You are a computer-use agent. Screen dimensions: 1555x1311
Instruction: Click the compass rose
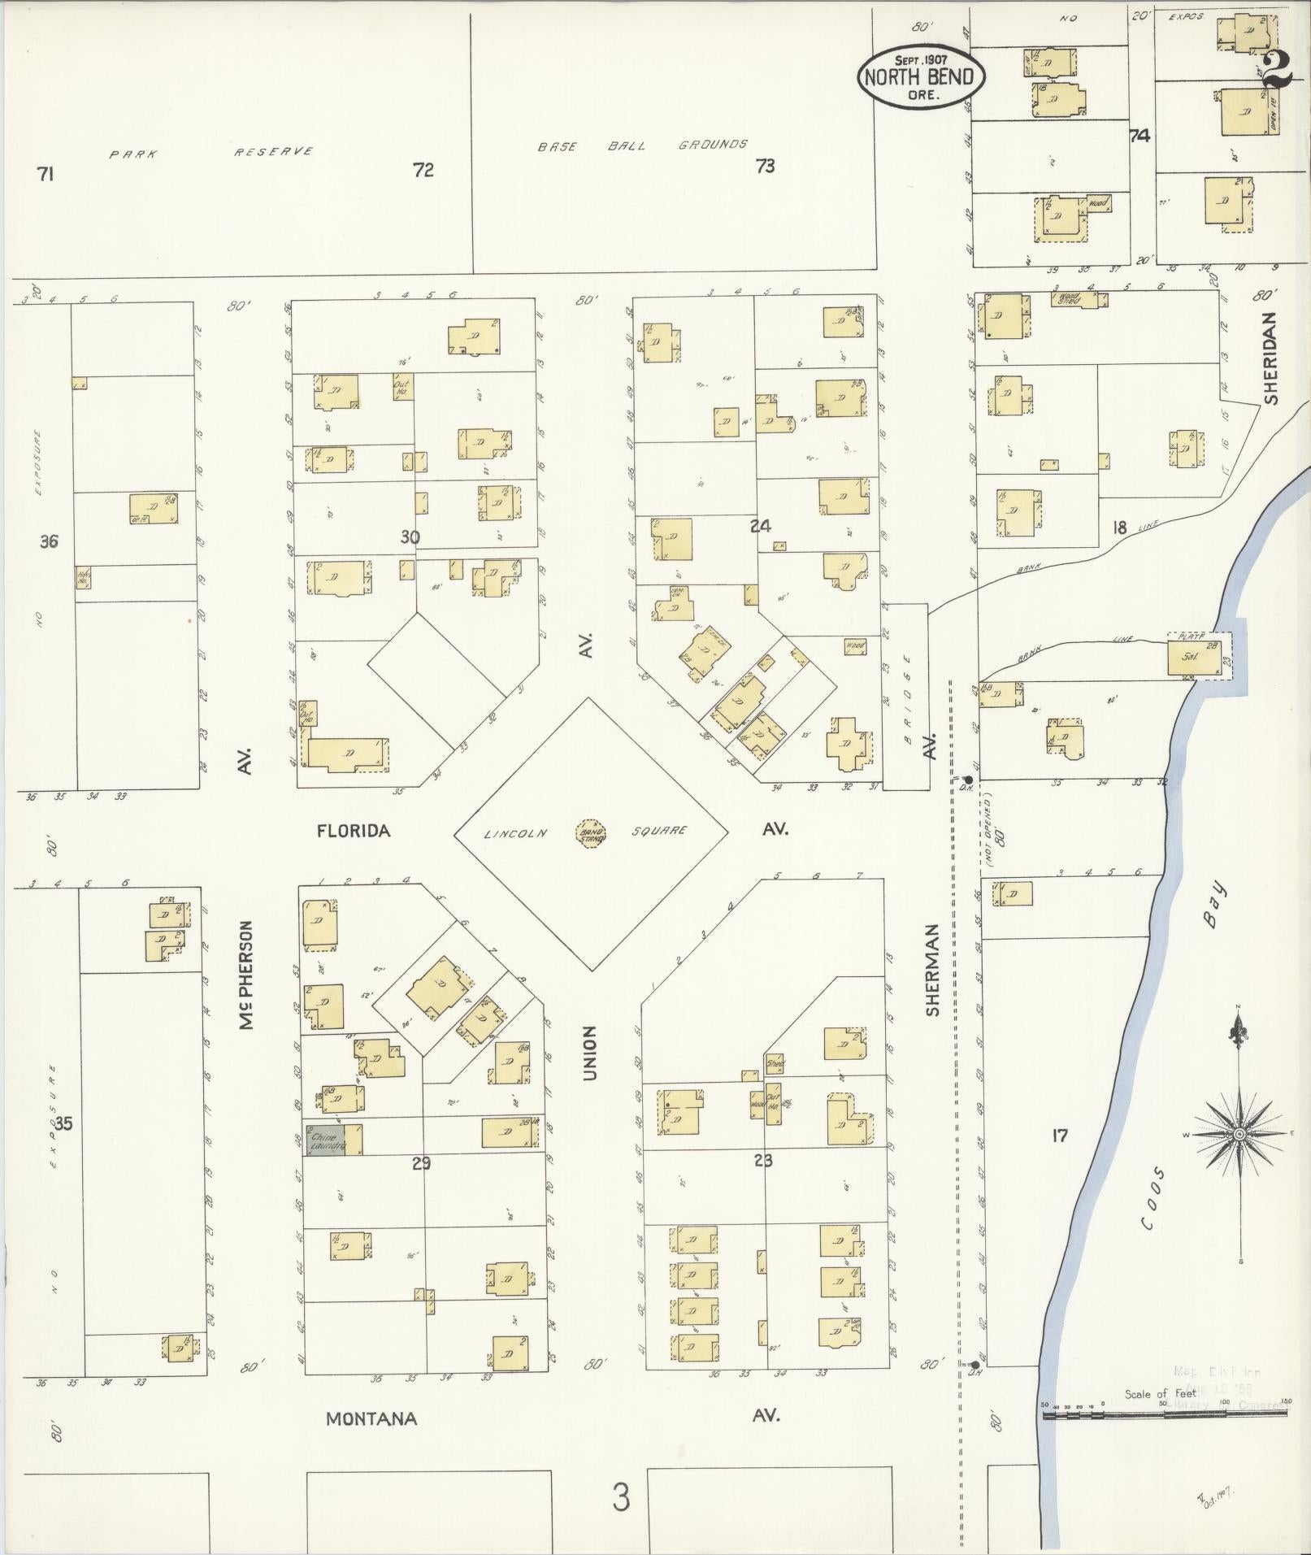[x=1239, y=1134]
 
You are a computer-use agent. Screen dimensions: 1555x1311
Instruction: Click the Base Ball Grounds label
[x=642, y=146]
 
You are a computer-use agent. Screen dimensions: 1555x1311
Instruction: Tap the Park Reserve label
[x=211, y=152]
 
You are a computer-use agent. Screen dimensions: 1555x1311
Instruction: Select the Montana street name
[x=371, y=1418]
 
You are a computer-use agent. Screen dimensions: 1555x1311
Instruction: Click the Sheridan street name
[x=1270, y=358]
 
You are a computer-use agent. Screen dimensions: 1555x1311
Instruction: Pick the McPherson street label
[x=247, y=975]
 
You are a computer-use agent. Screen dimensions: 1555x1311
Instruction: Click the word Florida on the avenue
[x=354, y=831]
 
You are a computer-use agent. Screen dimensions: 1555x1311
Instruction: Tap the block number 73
[x=765, y=167]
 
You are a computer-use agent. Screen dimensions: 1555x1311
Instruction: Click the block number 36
[x=49, y=541]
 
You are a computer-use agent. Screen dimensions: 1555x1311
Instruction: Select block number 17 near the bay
[x=1059, y=1136]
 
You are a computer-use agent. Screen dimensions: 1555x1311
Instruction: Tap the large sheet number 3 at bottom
[x=621, y=1497]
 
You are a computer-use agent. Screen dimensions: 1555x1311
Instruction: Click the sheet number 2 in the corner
[x=1278, y=69]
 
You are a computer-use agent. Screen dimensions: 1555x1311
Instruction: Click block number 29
[x=420, y=1164]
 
